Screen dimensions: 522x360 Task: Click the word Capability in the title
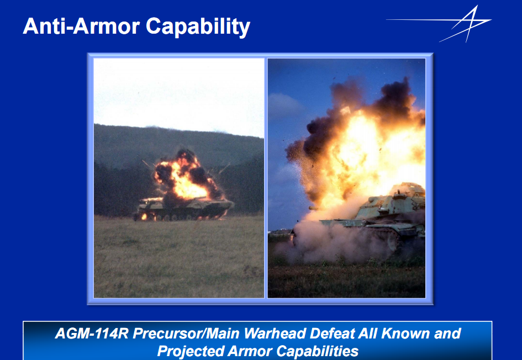pyautogui.click(x=198, y=27)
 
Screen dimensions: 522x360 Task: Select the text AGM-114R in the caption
pyautogui.click(x=92, y=333)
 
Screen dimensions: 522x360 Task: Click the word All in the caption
pyautogui.click(x=368, y=333)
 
